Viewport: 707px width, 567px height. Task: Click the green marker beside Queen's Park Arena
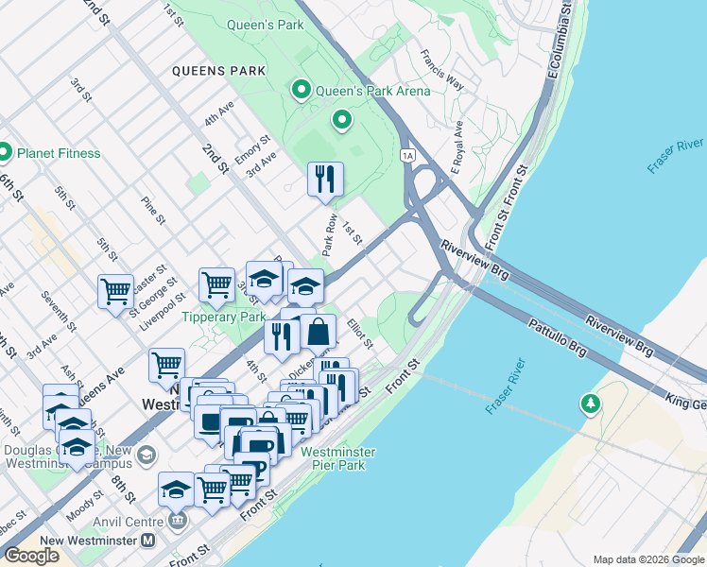tap(302, 91)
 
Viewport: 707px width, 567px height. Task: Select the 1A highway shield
tap(407, 154)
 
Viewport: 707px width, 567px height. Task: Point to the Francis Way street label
tap(442, 70)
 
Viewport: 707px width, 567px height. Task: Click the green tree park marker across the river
tap(591, 404)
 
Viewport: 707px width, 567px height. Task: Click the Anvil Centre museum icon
tap(177, 521)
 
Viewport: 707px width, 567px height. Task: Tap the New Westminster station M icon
tap(147, 541)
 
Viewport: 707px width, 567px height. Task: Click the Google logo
tap(31, 556)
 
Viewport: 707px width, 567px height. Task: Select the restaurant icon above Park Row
tap(325, 178)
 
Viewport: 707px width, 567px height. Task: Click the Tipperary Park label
tap(223, 318)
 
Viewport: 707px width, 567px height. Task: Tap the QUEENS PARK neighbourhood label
tap(218, 71)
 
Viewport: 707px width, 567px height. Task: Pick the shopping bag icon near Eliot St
tap(319, 332)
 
